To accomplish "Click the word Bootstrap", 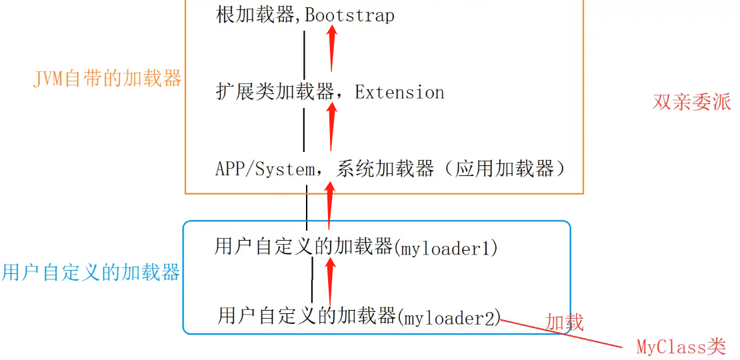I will coord(349,15).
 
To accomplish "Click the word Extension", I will coord(399,92).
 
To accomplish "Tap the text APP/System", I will coord(265,169).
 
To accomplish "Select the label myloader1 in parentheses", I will coord(447,249).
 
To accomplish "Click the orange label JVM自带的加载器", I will coord(107,79).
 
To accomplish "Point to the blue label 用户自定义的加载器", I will coord(91,273).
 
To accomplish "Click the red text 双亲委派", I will coord(691,102).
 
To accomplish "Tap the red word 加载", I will coord(565,323).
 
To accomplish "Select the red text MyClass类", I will coord(681,347).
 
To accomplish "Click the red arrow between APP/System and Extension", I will coord(331,127).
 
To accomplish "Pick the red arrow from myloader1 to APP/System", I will coord(329,207).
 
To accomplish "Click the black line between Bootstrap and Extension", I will coord(305,53).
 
